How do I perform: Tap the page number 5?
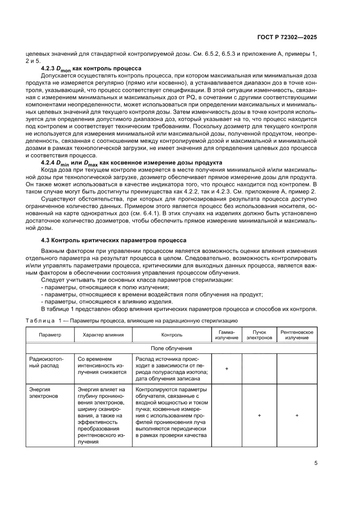pyautogui.click(x=316, y=463)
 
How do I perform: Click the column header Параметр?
pyautogui.click(x=50, y=335)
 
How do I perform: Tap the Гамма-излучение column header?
pyautogui.click(x=227, y=335)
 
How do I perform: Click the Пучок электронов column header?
pyautogui.click(x=259, y=335)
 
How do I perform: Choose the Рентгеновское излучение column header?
pyautogui.click(x=296, y=335)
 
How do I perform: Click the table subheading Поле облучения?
pyautogui.click(x=172, y=348)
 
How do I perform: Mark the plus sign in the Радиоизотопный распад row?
pyautogui.click(x=227, y=369)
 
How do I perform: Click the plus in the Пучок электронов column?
pyautogui.click(x=259, y=416)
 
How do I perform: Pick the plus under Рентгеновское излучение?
pyautogui.click(x=296, y=416)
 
